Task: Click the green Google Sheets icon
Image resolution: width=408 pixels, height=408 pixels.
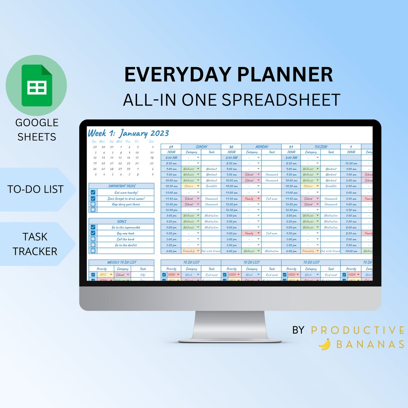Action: (36, 85)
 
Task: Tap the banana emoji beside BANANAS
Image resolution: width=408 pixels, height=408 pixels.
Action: (325, 344)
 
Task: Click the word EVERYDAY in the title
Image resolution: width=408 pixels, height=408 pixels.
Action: (177, 74)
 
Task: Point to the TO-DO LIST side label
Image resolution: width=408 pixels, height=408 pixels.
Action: (35, 189)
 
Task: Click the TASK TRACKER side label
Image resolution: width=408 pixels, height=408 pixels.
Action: (35, 244)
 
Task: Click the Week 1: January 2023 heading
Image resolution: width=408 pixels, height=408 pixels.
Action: (128, 133)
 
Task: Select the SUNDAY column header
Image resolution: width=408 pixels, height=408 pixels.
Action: (201, 147)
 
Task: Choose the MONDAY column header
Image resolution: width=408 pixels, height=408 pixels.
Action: (261, 147)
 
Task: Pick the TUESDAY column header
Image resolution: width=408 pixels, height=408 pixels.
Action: (321, 147)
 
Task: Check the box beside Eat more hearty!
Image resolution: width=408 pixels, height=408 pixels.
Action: (93, 192)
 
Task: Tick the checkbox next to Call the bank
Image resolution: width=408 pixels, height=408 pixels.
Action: (93, 239)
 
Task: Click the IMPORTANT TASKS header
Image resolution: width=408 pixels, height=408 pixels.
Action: (122, 186)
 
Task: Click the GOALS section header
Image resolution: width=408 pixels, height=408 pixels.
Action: (122, 221)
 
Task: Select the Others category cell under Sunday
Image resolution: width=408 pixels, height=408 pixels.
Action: (191, 186)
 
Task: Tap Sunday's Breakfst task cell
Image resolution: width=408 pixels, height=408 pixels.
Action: (211, 186)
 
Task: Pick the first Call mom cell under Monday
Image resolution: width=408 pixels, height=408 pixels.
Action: (272, 198)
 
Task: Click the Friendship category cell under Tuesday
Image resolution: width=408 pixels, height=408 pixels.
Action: (310, 251)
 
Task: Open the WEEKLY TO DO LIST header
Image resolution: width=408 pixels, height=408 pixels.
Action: (122, 262)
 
